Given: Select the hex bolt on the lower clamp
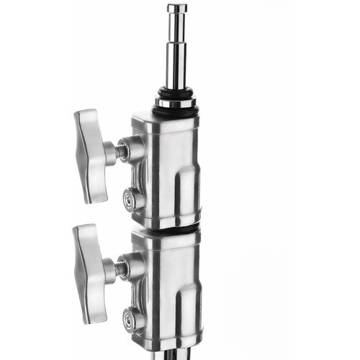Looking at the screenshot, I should tap(130, 316).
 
